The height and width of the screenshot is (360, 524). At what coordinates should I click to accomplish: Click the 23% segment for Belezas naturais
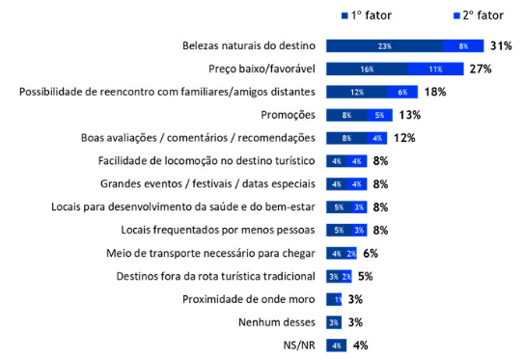point(384,45)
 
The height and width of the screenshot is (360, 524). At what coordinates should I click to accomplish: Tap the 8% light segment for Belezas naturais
point(463,45)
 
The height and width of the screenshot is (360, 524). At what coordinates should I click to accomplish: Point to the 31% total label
point(500,45)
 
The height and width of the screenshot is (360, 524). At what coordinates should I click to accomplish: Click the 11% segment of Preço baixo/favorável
point(435,69)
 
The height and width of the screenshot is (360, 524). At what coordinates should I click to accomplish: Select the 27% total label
point(481,69)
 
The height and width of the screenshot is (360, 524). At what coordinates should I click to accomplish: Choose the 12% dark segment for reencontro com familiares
point(357,92)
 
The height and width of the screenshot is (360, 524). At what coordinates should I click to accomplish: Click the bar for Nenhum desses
point(333,321)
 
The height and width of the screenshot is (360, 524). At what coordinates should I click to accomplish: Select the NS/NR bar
point(336,345)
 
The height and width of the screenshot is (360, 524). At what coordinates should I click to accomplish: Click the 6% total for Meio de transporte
point(370,253)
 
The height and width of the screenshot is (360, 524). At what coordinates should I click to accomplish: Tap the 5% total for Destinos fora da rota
point(365,276)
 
